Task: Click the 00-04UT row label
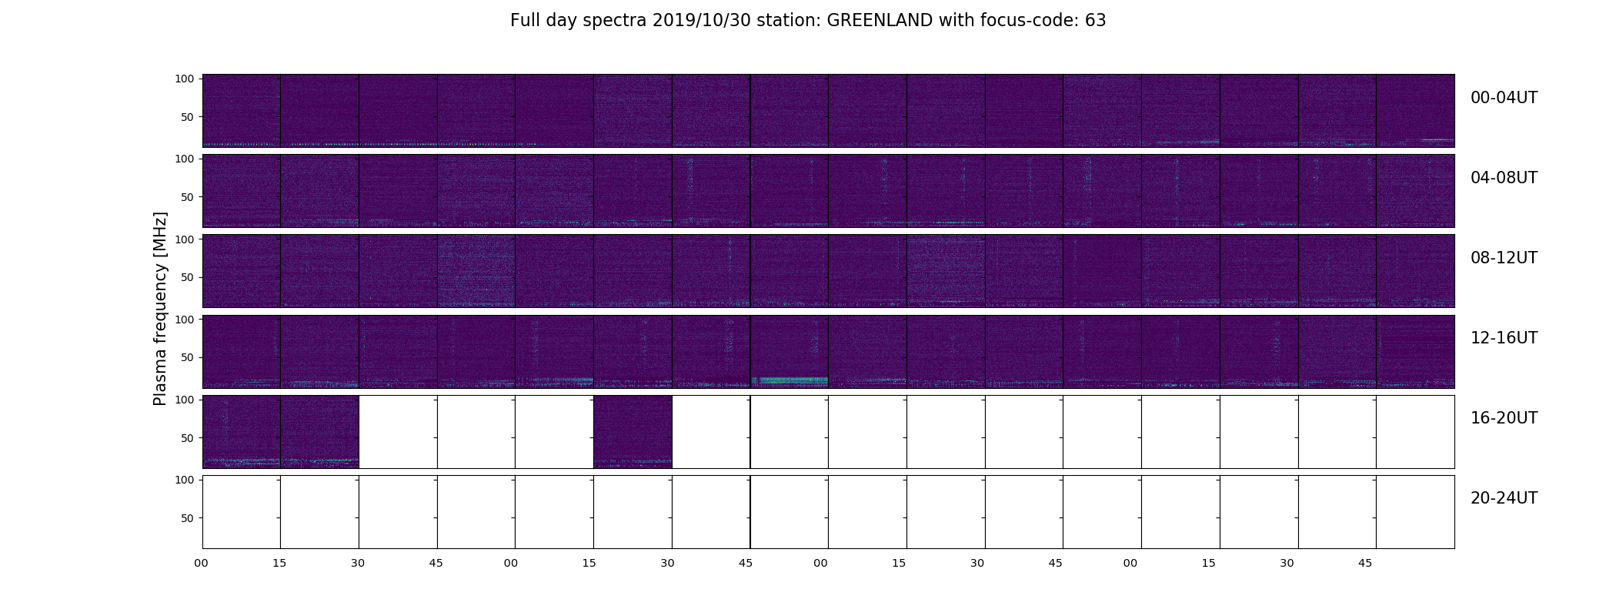(1504, 98)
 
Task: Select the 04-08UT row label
(1504, 178)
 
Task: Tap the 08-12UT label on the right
(1504, 258)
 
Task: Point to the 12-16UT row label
(1504, 338)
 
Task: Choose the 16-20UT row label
(1504, 418)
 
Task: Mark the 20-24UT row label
(1504, 498)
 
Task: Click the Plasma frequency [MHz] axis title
(160, 309)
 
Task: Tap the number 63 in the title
(1096, 21)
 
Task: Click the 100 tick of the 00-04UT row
(185, 79)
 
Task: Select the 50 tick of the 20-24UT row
(188, 518)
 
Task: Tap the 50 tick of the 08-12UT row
(188, 277)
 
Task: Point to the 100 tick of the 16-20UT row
(185, 400)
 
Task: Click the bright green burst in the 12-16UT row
(790, 380)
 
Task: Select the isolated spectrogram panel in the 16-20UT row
(633, 432)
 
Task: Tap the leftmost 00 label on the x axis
(202, 563)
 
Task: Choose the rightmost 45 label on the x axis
(1365, 563)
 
